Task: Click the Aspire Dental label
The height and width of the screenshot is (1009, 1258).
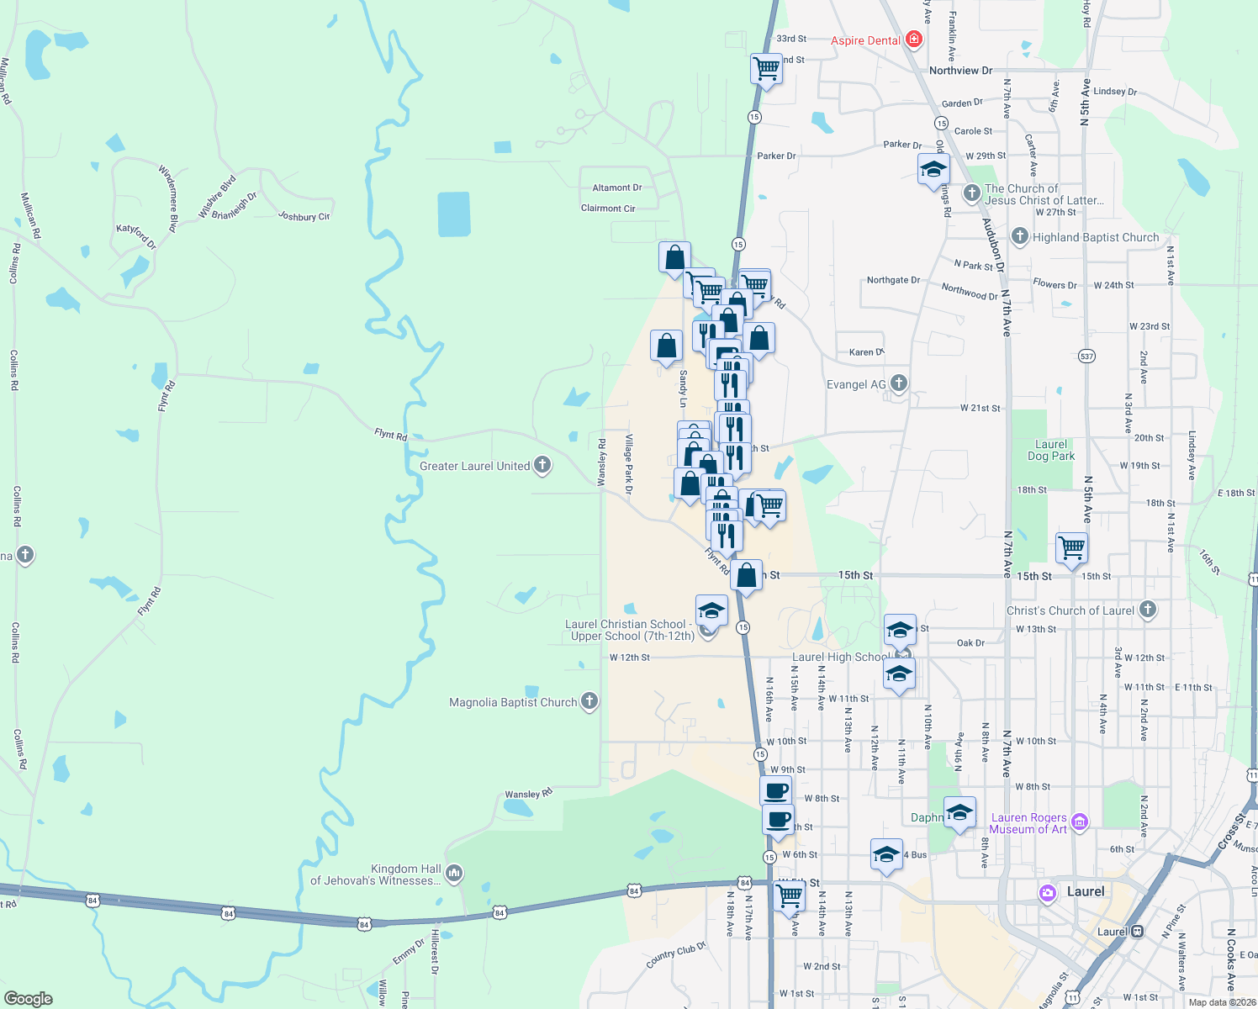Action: coord(865,40)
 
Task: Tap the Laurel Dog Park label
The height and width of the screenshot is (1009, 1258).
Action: coord(1051,450)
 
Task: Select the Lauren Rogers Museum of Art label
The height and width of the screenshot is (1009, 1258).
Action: coord(1028,823)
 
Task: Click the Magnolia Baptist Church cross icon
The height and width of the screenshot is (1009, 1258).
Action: coord(589,701)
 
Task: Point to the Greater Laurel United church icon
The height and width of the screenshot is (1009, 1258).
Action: coord(542,465)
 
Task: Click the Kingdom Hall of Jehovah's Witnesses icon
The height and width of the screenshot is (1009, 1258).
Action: coord(454,874)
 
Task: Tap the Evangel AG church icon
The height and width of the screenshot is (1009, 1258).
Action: coord(899,383)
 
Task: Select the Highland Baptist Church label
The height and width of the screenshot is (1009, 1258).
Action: coord(1095,237)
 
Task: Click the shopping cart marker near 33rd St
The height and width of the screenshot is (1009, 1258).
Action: coord(766,69)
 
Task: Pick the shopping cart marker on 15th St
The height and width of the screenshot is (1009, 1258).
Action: coord(1071,548)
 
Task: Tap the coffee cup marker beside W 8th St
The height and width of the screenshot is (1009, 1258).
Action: coord(775,790)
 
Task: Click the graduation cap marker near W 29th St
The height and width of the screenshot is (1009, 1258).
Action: coord(933,170)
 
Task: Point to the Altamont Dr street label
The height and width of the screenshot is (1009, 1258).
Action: coord(616,188)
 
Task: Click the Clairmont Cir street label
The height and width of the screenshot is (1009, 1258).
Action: coord(608,208)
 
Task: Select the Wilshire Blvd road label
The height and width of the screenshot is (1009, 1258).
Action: coord(217,198)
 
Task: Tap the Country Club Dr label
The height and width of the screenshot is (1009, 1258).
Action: coord(675,955)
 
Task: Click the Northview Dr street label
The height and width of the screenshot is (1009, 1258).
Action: coord(960,71)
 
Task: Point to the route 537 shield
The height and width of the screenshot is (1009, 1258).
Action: coord(1086,357)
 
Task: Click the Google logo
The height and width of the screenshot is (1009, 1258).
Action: coord(28,999)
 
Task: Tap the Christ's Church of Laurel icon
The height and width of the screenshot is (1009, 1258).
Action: coord(1148,610)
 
